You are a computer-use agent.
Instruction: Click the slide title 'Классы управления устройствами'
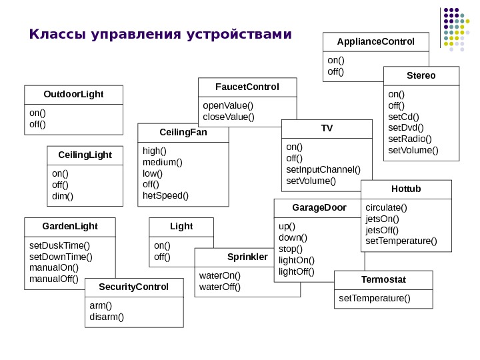[x=161, y=34]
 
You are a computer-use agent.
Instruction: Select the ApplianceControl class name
[x=375, y=41]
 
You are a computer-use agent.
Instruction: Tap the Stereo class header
[x=421, y=75]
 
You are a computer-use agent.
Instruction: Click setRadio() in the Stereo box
[x=410, y=139]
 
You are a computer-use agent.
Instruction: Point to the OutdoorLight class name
[x=73, y=94]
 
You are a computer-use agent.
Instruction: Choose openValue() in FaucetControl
[x=228, y=105]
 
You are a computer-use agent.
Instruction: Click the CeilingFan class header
[x=183, y=132]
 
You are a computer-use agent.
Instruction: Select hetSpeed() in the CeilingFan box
[x=166, y=195]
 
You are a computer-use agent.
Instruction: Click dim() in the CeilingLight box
[x=63, y=196]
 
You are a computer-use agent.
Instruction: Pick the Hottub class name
[x=406, y=189]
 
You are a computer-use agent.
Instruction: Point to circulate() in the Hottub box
[x=386, y=207]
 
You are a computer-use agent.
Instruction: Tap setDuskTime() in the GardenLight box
[x=59, y=245]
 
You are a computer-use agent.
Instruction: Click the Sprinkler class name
[x=247, y=257]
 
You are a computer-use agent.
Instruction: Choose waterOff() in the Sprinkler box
[x=220, y=287]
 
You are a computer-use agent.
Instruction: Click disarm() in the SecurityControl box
[x=107, y=316]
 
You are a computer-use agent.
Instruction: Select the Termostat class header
[x=383, y=279]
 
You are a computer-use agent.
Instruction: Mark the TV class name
[x=327, y=127]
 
